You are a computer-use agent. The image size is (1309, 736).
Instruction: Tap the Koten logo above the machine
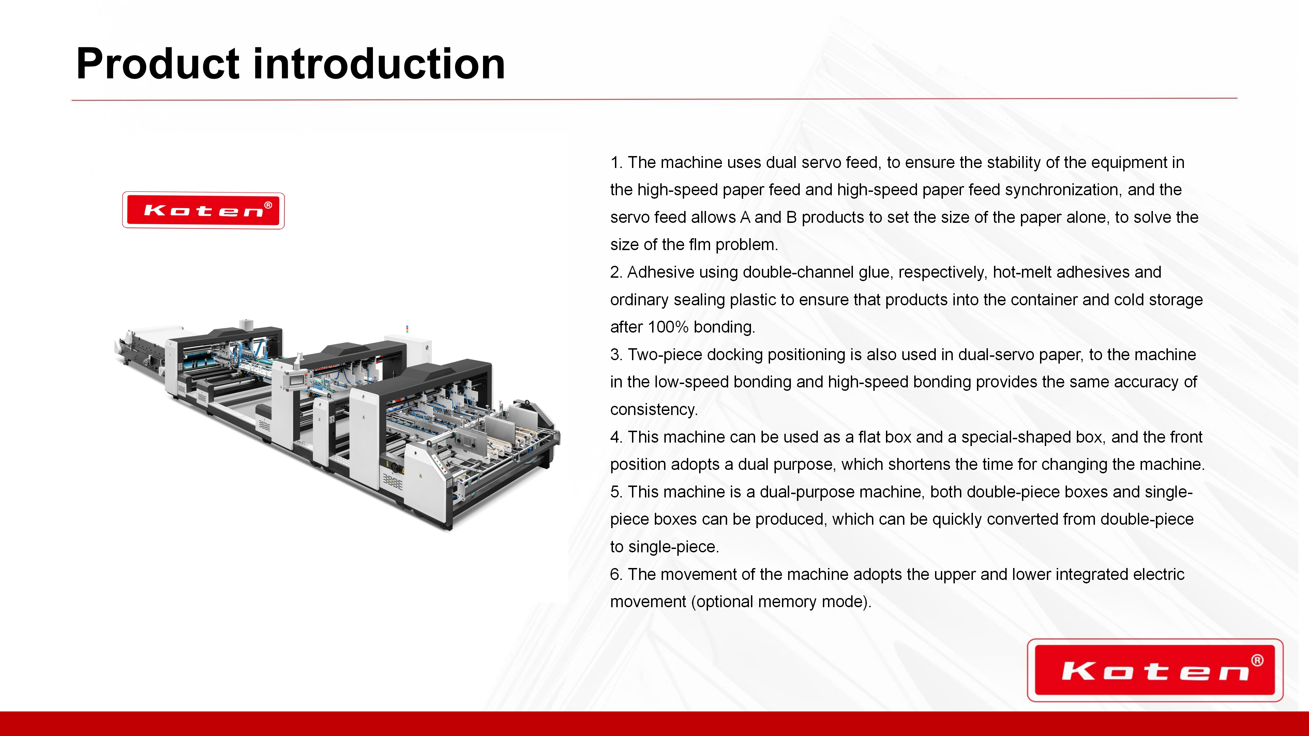[203, 210]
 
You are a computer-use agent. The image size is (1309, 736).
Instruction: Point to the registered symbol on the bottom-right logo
[1257, 660]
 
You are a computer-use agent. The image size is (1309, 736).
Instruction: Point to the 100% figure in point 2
[668, 327]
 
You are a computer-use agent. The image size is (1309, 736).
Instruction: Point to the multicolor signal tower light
[407, 329]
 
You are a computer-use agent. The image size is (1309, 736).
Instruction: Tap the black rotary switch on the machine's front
[391, 464]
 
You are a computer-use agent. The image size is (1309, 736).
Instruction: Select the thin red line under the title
[654, 99]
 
